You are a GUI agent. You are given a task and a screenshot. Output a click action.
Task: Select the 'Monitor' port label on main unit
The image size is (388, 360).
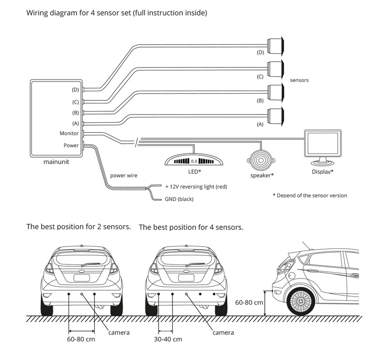[x=69, y=132]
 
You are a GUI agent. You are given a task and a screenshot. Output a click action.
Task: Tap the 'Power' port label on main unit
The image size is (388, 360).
[x=71, y=145]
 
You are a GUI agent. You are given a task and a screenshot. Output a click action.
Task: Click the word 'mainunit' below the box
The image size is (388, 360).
[x=56, y=163]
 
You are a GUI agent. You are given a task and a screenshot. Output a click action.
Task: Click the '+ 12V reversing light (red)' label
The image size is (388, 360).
[x=196, y=186]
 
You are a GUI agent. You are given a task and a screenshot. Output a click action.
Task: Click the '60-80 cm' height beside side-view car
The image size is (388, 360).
[x=249, y=302]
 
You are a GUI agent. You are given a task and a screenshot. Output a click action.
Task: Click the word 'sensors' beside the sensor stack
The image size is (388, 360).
[x=299, y=80]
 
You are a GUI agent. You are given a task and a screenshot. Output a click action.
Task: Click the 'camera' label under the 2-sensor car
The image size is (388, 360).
[x=119, y=332]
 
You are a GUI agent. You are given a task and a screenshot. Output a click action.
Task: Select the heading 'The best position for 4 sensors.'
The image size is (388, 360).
[x=191, y=227]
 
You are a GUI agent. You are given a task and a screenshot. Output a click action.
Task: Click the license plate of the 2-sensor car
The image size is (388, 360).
[x=81, y=278]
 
